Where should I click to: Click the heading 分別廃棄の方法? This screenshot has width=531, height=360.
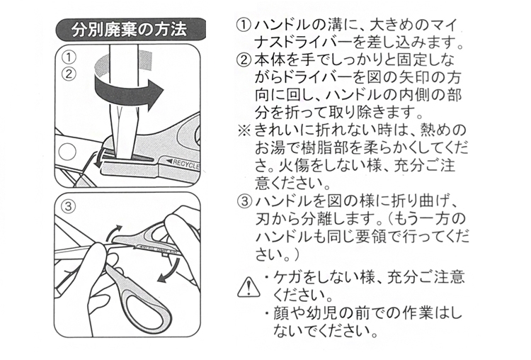(129, 30)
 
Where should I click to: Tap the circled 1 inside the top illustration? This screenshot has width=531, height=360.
(69, 57)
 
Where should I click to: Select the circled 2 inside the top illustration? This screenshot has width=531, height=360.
(69, 74)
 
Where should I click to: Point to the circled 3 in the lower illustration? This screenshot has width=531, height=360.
(69, 206)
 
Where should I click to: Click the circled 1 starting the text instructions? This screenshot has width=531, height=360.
(244, 26)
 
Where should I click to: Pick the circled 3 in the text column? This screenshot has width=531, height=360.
(244, 202)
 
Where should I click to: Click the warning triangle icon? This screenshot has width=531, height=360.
(249, 287)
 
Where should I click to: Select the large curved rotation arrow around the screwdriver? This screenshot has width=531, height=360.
(129, 91)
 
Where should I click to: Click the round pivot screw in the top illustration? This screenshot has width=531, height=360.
(67, 152)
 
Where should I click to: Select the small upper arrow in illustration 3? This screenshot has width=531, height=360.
(113, 232)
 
